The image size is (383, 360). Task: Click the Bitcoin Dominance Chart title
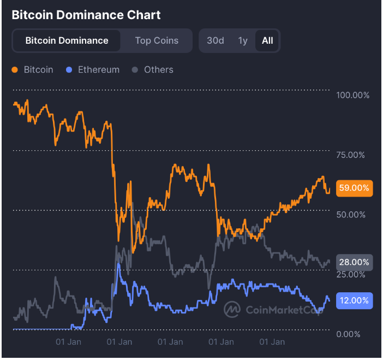[x=86, y=14]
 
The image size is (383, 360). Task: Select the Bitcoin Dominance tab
[x=67, y=40]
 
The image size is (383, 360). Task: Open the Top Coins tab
[x=157, y=40]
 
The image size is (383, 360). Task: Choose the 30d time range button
[x=216, y=40]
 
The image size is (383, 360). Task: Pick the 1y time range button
[x=243, y=40]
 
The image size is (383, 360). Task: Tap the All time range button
[x=267, y=40]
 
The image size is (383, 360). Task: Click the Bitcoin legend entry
[x=38, y=70]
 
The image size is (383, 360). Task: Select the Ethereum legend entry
[x=98, y=70]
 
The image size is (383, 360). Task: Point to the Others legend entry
[x=158, y=70]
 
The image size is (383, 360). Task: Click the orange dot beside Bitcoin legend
[x=14, y=70]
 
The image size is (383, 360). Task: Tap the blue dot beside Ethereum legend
[x=69, y=70]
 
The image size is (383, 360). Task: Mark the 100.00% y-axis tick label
[x=353, y=96]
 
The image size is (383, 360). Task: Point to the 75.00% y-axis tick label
[x=351, y=155]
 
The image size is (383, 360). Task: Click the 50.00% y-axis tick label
[x=351, y=215]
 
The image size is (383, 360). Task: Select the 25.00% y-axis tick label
[x=351, y=274]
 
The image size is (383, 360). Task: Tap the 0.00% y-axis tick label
[x=349, y=334]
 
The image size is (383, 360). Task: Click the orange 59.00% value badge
[x=355, y=188]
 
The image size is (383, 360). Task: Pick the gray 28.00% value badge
[x=355, y=262]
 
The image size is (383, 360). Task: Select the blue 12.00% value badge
[x=355, y=300]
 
